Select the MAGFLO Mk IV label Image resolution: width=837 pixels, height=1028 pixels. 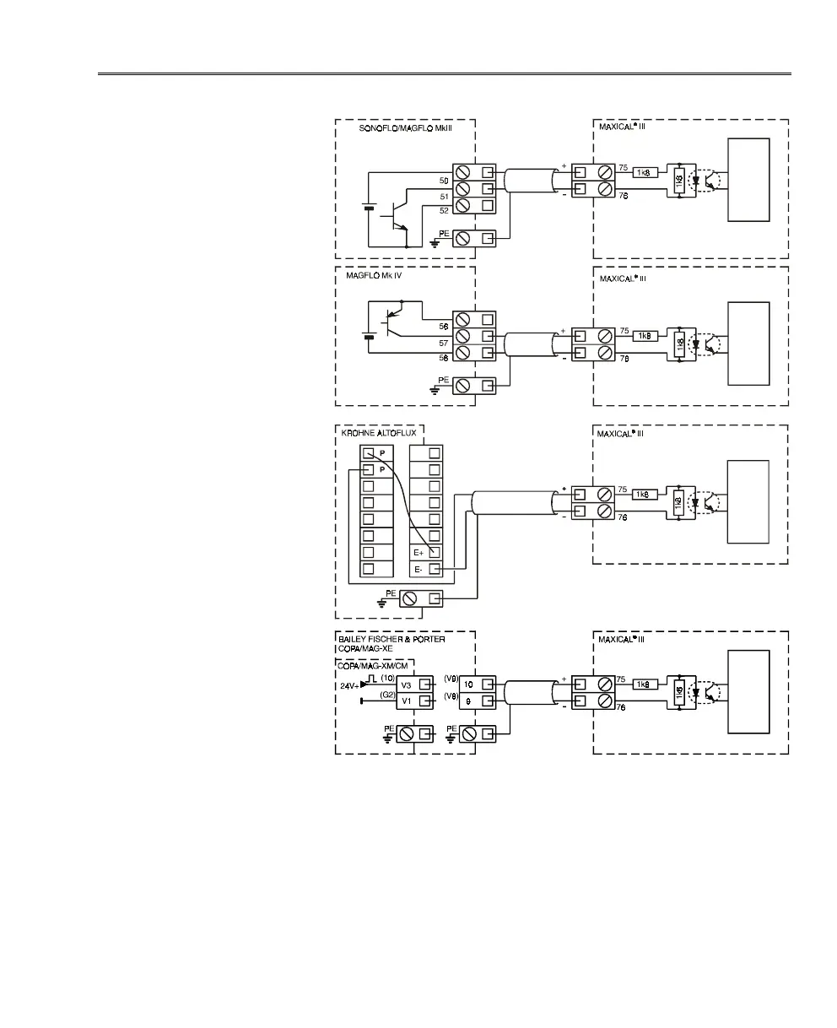pos(376,275)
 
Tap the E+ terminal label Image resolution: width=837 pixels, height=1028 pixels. pos(419,552)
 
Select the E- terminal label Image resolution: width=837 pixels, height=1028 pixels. pos(419,570)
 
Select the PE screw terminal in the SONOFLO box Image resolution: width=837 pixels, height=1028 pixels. pos(462,239)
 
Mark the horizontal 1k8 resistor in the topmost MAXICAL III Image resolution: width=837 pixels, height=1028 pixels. pos(645,173)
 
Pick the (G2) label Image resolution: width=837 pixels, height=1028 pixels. pos(388,695)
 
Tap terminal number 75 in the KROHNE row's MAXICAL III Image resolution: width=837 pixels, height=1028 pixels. pos(623,489)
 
